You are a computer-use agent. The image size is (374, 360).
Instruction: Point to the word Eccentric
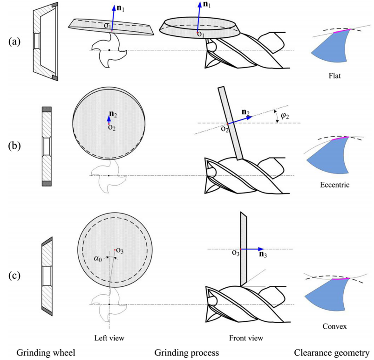334,185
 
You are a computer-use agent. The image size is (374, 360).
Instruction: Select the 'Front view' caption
246,338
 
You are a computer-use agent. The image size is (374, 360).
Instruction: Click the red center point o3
115,250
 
